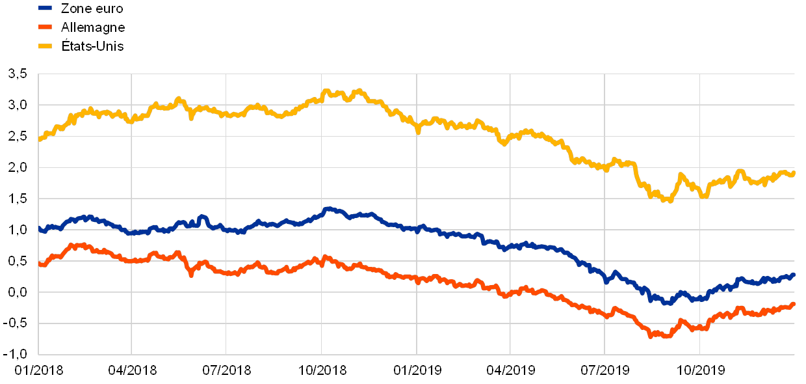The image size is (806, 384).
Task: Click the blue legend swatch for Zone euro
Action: coord(45,8)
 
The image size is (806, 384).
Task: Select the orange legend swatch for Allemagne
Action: coord(45,27)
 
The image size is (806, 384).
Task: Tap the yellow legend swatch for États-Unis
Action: coord(45,46)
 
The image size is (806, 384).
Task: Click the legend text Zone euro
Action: coord(91,8)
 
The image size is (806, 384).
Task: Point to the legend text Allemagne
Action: coord(92,27)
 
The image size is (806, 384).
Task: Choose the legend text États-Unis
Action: coord(92,46)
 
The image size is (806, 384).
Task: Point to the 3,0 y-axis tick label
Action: coord(18,105)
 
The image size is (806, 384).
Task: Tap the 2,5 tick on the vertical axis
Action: coord(18,136)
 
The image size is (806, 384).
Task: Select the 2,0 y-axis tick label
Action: coord(18,167)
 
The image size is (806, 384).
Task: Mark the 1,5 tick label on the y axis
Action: coord(18,199)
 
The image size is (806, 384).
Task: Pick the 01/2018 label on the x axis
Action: coord(39,370)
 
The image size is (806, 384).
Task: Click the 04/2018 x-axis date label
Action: coord(133,370)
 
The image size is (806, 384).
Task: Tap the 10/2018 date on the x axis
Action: coord(322,370)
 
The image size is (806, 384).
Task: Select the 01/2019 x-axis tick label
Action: coord(417,370)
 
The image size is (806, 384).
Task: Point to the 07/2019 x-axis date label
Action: coord(605,370)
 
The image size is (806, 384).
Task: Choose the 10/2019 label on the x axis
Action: coord(700,370)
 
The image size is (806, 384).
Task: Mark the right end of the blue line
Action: coord(794,275)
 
